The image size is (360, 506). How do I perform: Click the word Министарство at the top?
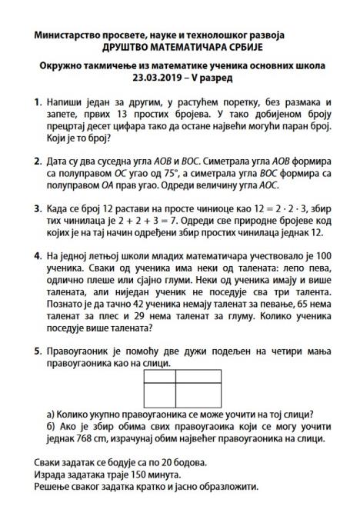pos(69,35)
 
